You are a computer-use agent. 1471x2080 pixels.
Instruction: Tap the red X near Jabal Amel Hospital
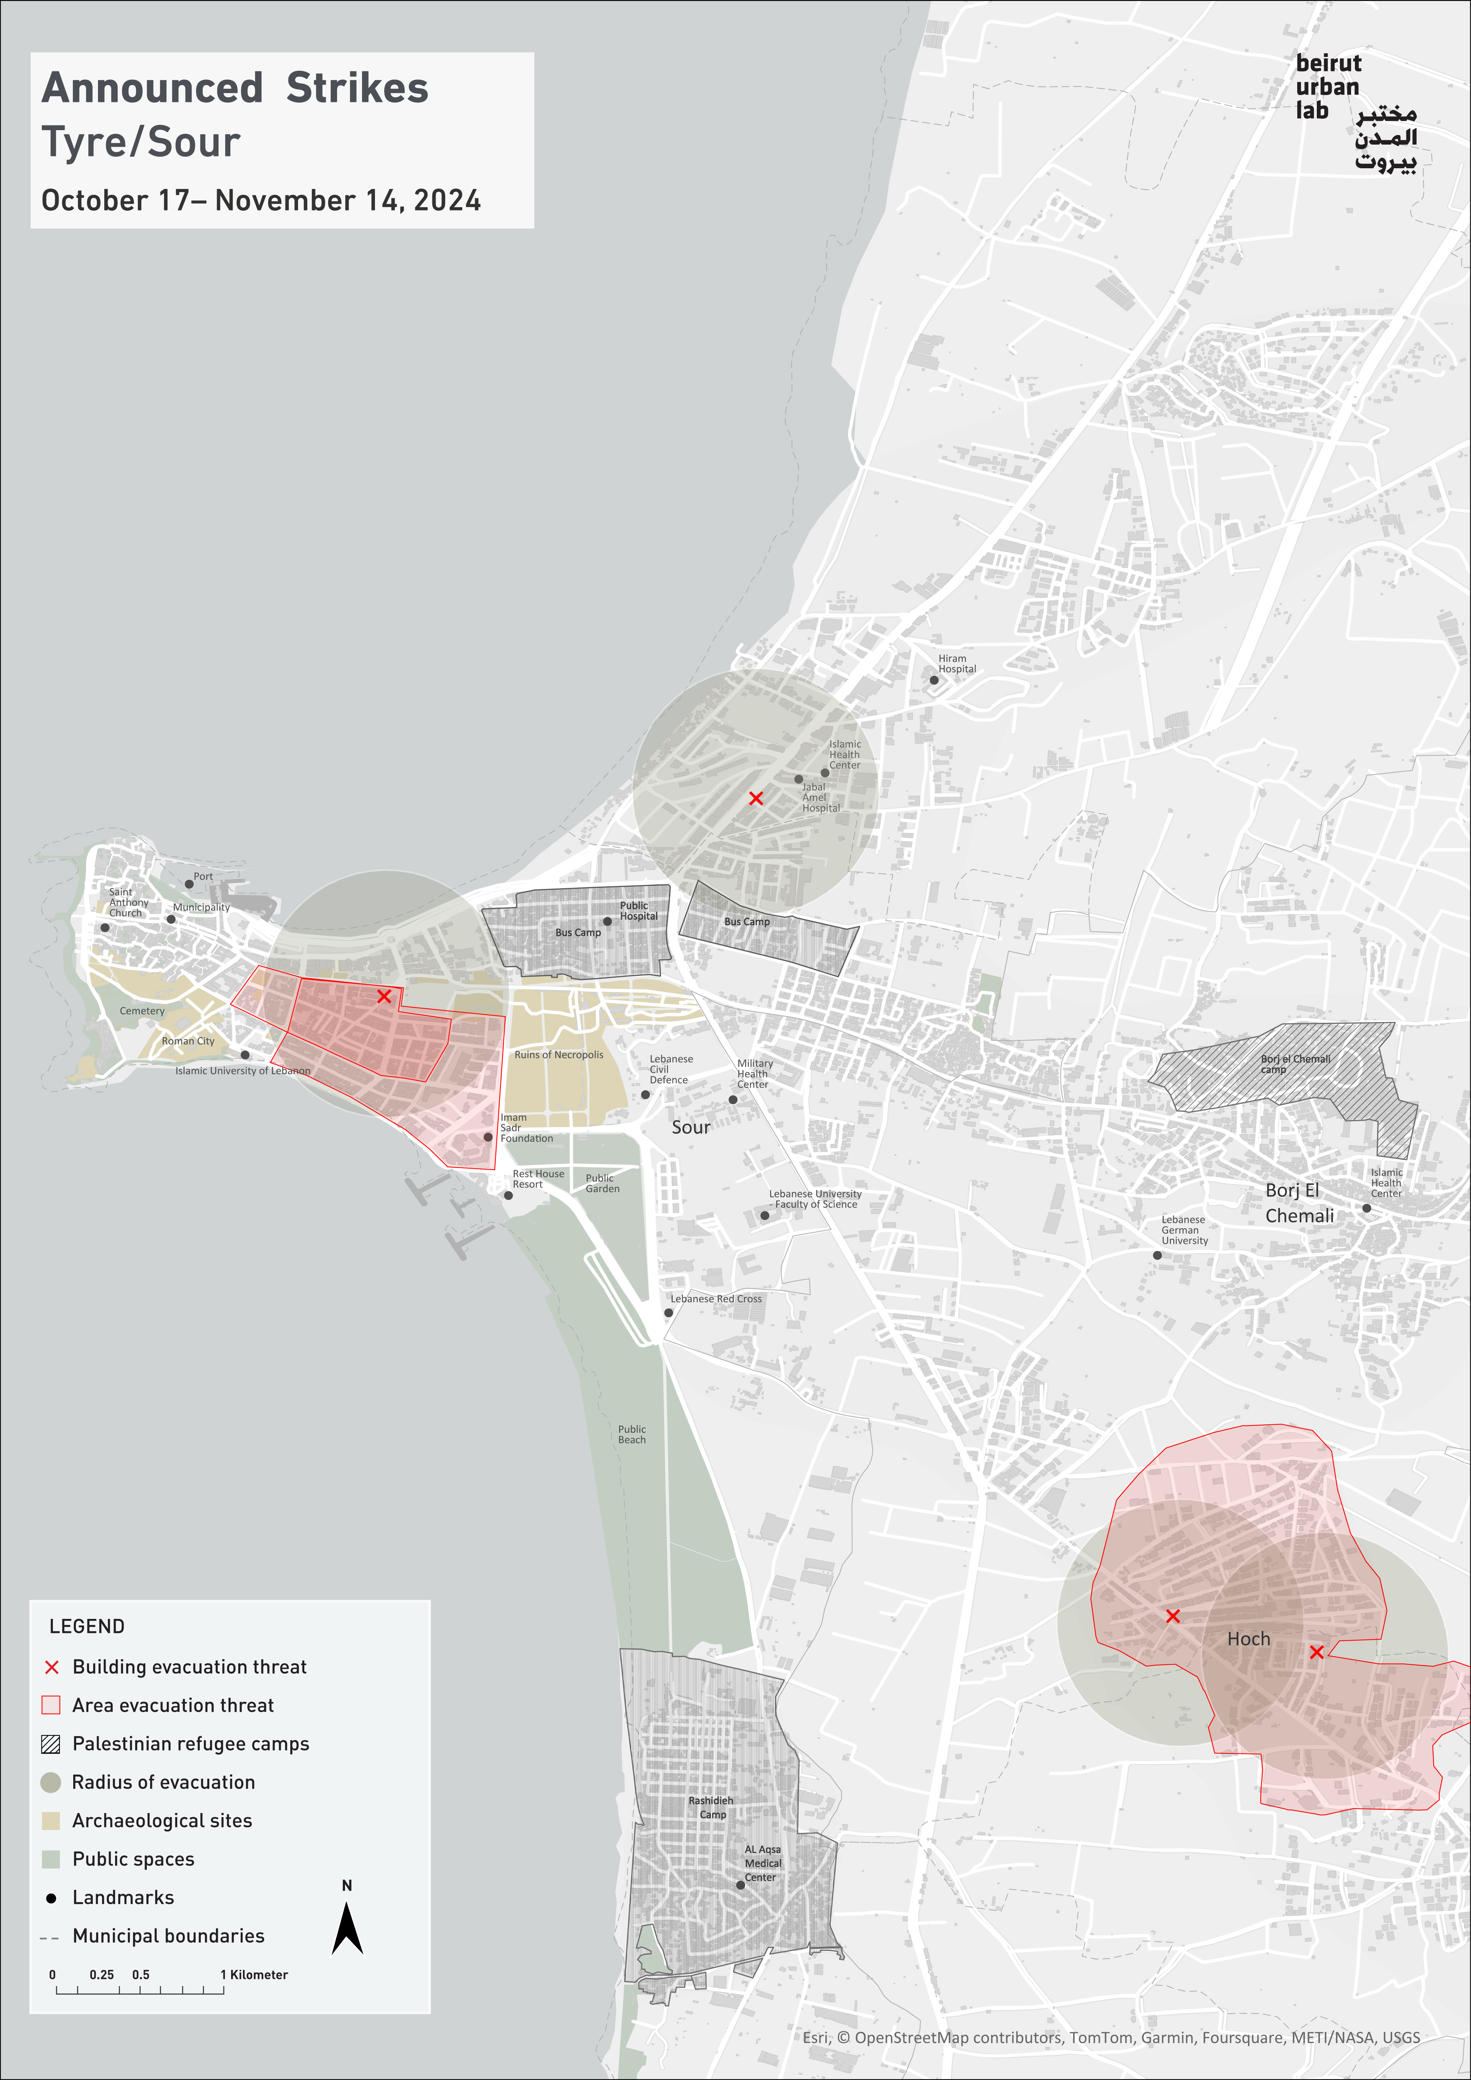[x=756, y=798]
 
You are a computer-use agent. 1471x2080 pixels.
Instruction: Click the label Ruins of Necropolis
[x=559, y=1055]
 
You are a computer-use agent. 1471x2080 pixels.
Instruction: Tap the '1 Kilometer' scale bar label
[x=254, y=1975]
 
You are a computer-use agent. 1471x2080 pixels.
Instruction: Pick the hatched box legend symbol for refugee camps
[x=52, y=1744]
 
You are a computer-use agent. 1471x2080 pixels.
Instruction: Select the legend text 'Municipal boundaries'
[x=169, y=1936]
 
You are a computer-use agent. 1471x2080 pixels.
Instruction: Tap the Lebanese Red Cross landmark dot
[x=669, y=1313]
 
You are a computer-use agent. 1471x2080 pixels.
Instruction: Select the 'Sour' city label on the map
[x=691, y=1128]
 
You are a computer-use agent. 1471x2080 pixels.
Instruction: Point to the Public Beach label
[x=632, y=1434]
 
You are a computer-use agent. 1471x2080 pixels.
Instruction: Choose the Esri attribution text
[x=1110, y=2037]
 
